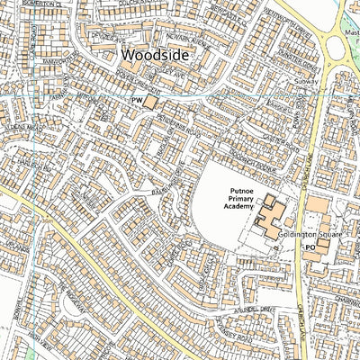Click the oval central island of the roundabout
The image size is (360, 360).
346,64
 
